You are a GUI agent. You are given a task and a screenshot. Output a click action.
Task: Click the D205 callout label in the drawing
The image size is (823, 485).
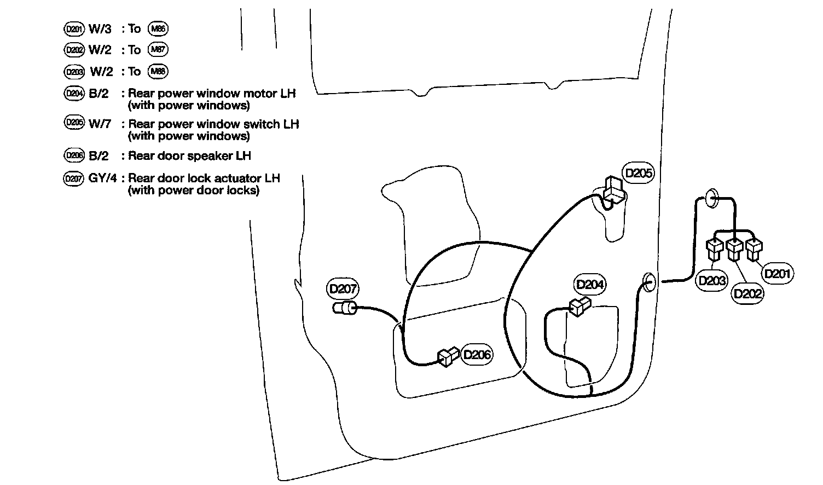click(x=639, y=173)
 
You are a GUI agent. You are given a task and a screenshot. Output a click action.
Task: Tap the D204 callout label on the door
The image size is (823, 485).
click(x=590, y=285)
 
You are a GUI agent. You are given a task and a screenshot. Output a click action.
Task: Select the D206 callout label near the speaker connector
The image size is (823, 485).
click(x=477, y=355)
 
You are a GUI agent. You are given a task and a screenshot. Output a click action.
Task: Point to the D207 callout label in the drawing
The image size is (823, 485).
click(x=343, y=288)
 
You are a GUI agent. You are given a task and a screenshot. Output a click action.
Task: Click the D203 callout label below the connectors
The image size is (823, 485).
click(x=711, y=281)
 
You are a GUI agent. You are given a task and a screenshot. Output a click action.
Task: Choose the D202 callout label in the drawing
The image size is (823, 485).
click(x=747, y=293)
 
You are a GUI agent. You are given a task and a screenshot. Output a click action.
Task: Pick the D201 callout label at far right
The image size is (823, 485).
click(x=778, y=273)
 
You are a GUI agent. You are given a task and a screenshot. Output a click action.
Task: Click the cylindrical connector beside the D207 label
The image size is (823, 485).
click(x=345, y=308)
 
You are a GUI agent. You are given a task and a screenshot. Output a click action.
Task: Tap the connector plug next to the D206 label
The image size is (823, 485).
click(x=448, y=357)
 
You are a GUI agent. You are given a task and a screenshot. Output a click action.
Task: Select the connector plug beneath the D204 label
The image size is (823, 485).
click(x=579, y=307)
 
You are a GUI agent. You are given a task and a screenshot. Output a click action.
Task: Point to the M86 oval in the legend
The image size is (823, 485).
click(x=158, y=28)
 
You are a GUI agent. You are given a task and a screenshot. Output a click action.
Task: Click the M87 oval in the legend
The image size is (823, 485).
click(x=158, y=50)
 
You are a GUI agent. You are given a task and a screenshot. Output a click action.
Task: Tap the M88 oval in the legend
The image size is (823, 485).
click(x=158, y=71)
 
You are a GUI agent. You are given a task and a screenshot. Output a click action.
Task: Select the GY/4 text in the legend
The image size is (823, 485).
click(x=102, y=178)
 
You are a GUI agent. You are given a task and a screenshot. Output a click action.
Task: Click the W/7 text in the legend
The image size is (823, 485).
click(x=100, y=124)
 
